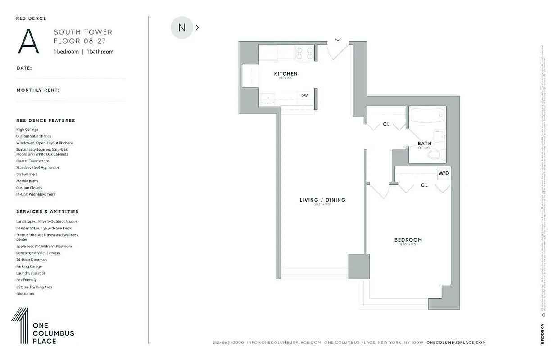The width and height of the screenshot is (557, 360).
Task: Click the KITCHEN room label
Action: point(285,74)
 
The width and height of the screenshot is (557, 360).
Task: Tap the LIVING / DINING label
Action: point(322,200)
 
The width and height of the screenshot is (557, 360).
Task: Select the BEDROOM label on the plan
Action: point(408,240)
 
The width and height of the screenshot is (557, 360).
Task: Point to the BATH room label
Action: point(424,144)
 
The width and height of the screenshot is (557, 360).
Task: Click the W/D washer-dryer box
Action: point(444,173)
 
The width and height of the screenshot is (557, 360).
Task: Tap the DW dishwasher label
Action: point(304,95)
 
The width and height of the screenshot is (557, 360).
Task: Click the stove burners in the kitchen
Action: point(304,54)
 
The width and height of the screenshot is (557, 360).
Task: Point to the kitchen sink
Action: point(267,98)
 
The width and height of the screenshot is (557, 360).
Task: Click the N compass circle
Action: point(181,27)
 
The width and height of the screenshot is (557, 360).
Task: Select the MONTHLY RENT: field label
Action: point(38,90)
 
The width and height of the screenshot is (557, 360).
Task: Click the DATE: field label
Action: point(24,68)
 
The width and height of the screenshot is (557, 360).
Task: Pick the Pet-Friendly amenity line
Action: point(27,279)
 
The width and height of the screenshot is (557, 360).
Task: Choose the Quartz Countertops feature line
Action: point(33,161)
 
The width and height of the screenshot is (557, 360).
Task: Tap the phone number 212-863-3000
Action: point(228,342)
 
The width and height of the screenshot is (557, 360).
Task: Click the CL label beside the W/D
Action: point(424,185)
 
